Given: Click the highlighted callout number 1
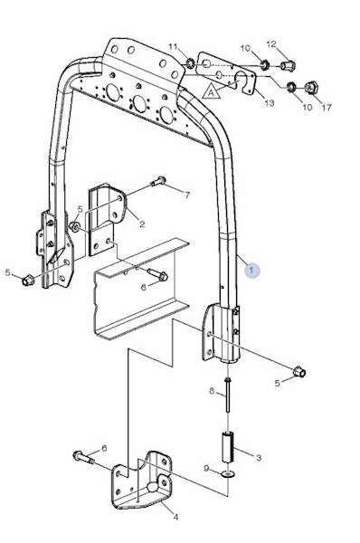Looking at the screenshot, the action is pyautogui.click(x=251, y=270).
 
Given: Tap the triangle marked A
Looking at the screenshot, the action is pyautogui.click(x=212, y=92).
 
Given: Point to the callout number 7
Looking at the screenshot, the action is pyautogui.click(x=187, y=195).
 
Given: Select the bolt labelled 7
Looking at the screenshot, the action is pyautogui.click(x=159, y=181).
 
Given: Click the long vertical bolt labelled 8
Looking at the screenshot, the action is pyautogui.click(x=228, y=395).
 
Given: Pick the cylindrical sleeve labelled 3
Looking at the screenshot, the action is pyautogui.click(x=228, y=446).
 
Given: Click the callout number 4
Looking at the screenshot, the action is pyautogui.click(x=175, y=517).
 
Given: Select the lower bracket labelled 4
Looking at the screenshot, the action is pyautogui.click(x=141, y=480).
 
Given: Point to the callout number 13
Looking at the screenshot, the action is pyautogui.click(x=270, y=102).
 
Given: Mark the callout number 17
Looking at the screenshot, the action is pyautogui.click(x=327, y=108).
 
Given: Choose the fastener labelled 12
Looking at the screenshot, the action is pyautogui.click(x=288, y=65).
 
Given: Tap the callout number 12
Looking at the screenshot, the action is pyautogui.click(x=271, y=44).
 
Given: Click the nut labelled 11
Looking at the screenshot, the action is pyautogui.click(x=190, y=63).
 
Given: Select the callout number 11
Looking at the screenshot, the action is pyautogui.click(x=173, y=46).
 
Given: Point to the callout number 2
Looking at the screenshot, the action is pyautogui.click(x=142, y=224).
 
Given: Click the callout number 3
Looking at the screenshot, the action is pyautogui.click(x=259, y=458).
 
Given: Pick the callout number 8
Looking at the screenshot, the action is pyautogui.click(x=212, y=391).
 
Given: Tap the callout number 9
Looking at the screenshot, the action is pyautogui.click(x=206, y=468).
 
